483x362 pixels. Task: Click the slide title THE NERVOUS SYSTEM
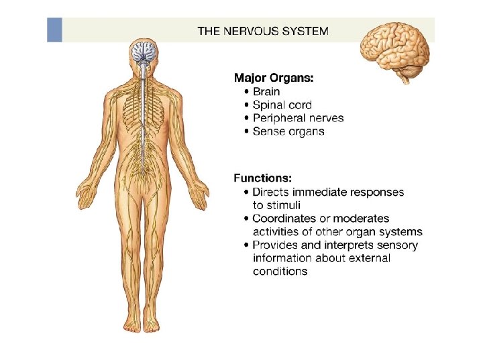coord(263,30)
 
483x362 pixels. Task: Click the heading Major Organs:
coord(273,78)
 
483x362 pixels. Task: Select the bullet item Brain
coord(266,91)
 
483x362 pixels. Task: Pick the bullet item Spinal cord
coord(282,105)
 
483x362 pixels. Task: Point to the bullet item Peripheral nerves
coord(298,118)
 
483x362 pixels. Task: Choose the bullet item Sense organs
coord(288,131)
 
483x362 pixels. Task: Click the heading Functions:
coord(262,178)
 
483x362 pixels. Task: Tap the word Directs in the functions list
coord(272,192)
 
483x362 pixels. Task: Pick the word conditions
coord(280,271)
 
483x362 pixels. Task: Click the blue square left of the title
coord(54,30)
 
